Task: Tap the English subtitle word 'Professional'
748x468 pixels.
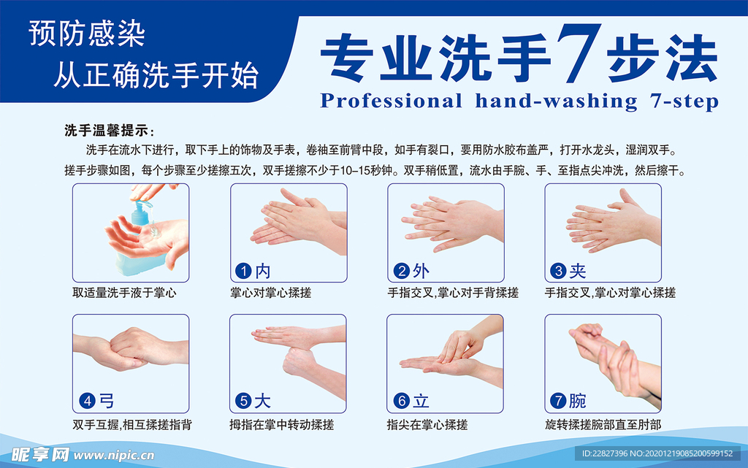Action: tap(391, 101)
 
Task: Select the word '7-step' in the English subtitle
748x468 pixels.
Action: tap(684, 101)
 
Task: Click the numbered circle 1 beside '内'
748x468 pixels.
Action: tap(243, 272)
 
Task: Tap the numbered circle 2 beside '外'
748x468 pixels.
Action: tap(401, 272)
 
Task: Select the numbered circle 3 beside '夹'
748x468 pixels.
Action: tap(558, 272)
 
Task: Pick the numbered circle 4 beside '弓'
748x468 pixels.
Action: tap(86, 401)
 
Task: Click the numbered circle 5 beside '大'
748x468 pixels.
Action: tap(243, 401)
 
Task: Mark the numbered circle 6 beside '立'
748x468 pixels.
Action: tap(401, 401)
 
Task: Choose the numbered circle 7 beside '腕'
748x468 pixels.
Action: tap(558, 401)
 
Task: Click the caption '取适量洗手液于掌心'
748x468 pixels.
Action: tap(124, 293)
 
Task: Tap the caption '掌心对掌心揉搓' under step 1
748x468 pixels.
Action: tap(271, 293)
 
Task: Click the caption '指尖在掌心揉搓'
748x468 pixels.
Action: tap(427, 423)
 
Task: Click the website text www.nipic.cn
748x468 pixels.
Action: tap(113, 456)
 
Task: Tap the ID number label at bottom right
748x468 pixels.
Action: tap(657, 453)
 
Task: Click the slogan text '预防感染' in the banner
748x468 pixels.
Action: tap(87, 35)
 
